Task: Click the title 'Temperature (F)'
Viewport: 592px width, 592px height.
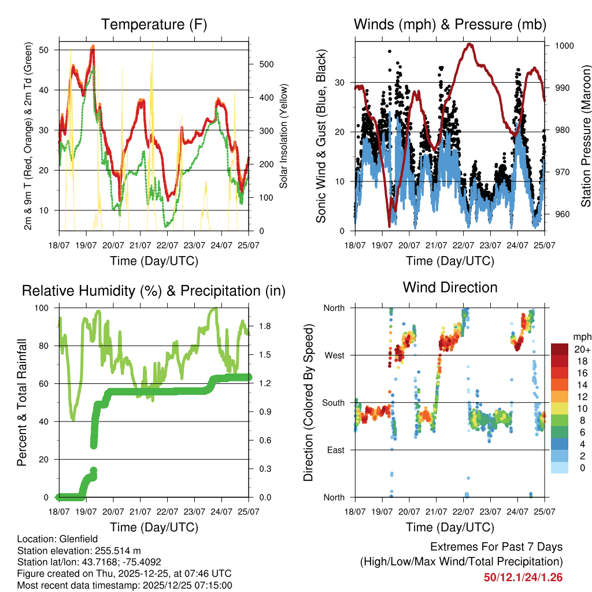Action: (x=154, y=25)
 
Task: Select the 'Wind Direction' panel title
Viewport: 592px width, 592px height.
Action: (x=450, y=287)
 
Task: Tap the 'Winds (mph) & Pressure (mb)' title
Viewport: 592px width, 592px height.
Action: (x=450, y=25)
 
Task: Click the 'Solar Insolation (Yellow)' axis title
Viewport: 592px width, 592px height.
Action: (x=284, y=136)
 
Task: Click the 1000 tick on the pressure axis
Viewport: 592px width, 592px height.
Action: (x=563, y=46)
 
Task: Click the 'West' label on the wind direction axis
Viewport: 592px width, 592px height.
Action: (x=334, y=355)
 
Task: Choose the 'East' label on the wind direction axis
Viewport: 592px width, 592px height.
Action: (x=335, y=450)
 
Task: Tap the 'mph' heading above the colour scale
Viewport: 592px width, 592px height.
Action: (x=581, y=336)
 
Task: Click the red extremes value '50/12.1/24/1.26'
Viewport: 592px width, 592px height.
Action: (x=523, y=577)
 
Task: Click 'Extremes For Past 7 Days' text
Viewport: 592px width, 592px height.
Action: (x=496, y=547)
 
